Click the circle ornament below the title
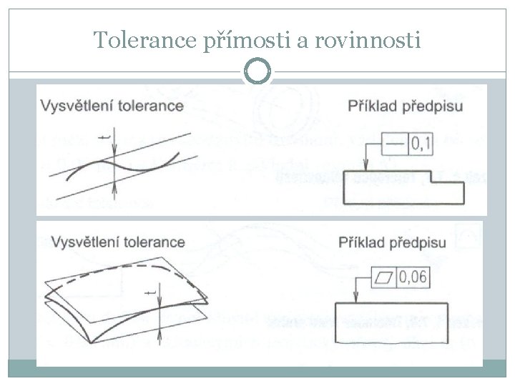(257, 71)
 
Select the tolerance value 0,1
(421, 146)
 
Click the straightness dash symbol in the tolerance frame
(393, 146)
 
